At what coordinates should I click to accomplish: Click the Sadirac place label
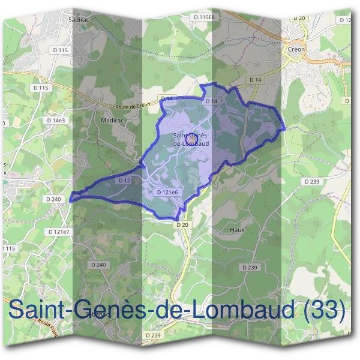click(79, 19)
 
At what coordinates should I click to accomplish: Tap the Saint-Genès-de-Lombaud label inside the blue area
click(190, 139)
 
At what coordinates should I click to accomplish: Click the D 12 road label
click(124, 180)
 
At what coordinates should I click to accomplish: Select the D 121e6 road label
click(167, 193)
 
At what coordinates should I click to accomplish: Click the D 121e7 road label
click(58, 231)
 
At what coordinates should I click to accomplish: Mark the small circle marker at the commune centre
click(191, 138)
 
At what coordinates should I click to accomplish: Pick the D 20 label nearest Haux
click(182, 224)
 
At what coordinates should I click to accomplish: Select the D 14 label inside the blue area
click(211, 101)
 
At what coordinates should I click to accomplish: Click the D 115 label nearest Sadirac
click(60, 50)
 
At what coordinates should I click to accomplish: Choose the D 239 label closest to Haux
click(250, 267)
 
